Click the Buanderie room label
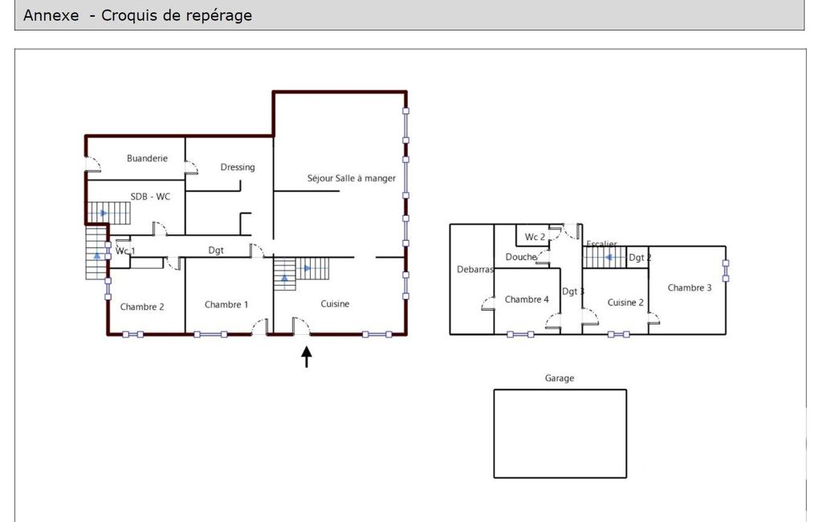[x=147, y=158]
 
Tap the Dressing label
[x=237, y=168]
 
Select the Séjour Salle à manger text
[x=351, y=178]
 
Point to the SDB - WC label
[x=150, y=197]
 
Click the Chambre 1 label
[x=226, y=304]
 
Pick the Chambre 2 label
[x=141, y=307]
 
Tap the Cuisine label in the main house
[x=335, y=304]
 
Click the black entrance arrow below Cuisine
[x=307, y=357]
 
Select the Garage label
[x=560, y=378]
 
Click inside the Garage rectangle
[x=560, y=434]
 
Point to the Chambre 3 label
[x=690, y=288]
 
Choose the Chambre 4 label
[x=527, y=300]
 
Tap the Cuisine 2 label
[x=625, y=303]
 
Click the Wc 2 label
[x=535, y=237]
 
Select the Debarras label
[x=475, y=269]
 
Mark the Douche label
[x=520, y=257]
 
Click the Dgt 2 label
[x=640, y=257]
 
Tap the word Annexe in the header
[x=51, y=15]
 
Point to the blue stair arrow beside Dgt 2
[x=609, y=257]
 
